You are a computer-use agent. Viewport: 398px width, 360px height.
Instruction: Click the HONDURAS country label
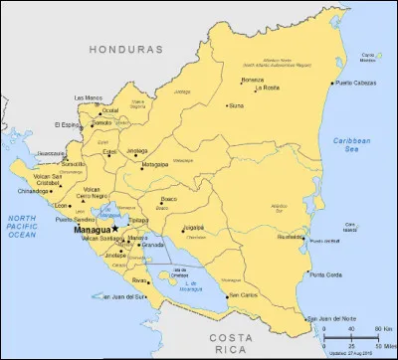pyautogui.click(x=124, y=48)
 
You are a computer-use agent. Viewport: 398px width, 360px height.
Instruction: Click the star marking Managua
pyautogui.click(x=115, y=228)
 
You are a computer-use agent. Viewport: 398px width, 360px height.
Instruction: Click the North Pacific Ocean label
pyautogui.click(x=22, y=227)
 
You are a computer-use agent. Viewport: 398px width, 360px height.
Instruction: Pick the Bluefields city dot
pyautogui.click(x=304, y=237)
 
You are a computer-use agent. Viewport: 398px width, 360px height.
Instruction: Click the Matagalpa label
pyautogui.click(x=155, y=164)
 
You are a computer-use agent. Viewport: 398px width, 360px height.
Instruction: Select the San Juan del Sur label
pyautogui.click(x=123, y=295)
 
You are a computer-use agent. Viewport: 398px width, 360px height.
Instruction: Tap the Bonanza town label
pyautogui.click(x=253, y=79)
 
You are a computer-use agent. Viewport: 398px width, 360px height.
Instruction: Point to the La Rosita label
pyautogui.click(x=267, y=89)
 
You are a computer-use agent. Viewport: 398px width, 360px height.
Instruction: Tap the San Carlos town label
pyautogui.click(x=242, y=294)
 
